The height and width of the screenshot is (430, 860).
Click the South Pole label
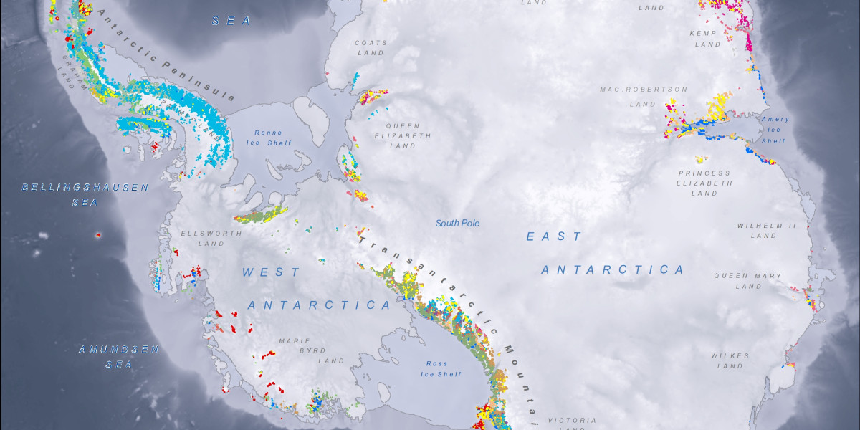coord(457,224)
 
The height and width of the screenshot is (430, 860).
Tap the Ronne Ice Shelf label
coord(269,138)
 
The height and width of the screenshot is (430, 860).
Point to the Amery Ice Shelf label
coord(775,130)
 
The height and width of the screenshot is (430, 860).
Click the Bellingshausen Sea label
coord(85,194)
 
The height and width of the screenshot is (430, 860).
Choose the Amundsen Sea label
coord(118,357)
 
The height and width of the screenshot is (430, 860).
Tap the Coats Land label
coord(371,47)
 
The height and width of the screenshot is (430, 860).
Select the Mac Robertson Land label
coord(644,97)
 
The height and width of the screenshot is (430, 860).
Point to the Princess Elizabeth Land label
coord(704,183)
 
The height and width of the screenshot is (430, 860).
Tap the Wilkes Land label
coord(730,360)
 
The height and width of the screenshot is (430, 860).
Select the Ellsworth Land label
coord(202,238)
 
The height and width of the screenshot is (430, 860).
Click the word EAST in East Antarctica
coord(555,236)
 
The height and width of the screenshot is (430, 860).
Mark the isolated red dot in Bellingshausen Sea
coord(98,234)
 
